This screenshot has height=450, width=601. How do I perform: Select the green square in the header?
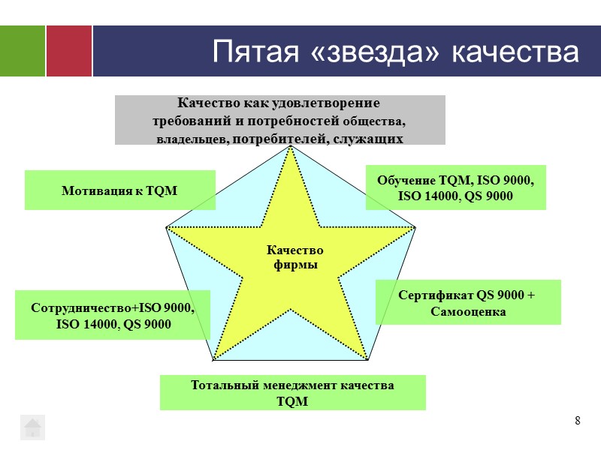tap(23, 51)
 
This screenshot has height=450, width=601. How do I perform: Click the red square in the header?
tap(69, 51)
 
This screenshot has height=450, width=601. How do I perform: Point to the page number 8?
tap(577, 420)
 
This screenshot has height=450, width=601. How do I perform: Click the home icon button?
tap(32, 427)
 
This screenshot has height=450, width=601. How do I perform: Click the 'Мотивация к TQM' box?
tap(119, 190)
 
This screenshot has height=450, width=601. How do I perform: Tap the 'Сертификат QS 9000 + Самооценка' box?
tap(467, 302)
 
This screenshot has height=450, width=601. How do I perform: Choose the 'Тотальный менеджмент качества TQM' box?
tap(292, 393)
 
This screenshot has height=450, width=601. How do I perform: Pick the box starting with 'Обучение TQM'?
tap(455, 187)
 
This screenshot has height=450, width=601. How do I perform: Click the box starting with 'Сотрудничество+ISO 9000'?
tap(113, 315)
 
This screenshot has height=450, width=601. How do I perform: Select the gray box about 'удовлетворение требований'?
tap(279, 120)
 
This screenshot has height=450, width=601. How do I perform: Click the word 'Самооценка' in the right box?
tap(468, 310)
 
